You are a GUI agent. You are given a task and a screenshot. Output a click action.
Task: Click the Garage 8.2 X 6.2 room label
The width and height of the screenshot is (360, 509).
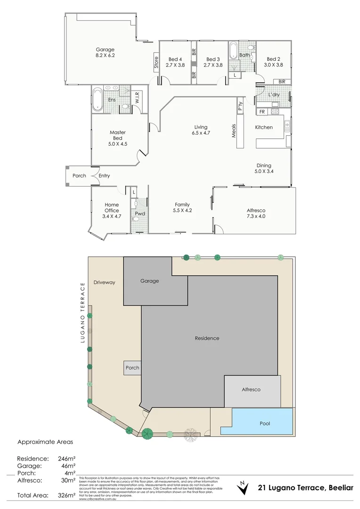(x=105, y=52)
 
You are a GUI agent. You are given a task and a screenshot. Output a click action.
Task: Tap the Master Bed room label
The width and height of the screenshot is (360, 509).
(x=117, y=136)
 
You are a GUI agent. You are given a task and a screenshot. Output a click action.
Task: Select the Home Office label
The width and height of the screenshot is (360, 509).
(x=112, y=211)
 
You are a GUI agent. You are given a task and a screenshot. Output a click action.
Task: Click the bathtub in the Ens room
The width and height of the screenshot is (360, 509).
(x=98, y=99)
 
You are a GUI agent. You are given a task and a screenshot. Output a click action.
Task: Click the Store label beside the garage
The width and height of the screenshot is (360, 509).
(x=156, y=63)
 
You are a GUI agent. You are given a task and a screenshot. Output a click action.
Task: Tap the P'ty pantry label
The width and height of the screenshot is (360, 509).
(x=240, y=107)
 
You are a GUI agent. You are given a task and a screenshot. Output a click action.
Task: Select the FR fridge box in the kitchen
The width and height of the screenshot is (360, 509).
(x=262, y=112)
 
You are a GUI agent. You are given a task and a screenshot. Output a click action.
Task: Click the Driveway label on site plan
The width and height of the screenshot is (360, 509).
(x=104, y=282)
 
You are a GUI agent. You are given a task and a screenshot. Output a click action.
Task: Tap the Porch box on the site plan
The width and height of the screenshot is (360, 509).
(x=132, y=368)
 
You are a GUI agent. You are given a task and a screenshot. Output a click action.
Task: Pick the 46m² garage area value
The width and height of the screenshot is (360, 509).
(x=66, y=466)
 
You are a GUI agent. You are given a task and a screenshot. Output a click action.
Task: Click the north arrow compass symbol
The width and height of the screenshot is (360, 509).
(x=243, y=488)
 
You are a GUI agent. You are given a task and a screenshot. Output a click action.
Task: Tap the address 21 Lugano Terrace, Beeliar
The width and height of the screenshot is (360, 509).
(x=305, y=488)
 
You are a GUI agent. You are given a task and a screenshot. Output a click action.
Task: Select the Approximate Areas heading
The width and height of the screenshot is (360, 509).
(x=45, y=442)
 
